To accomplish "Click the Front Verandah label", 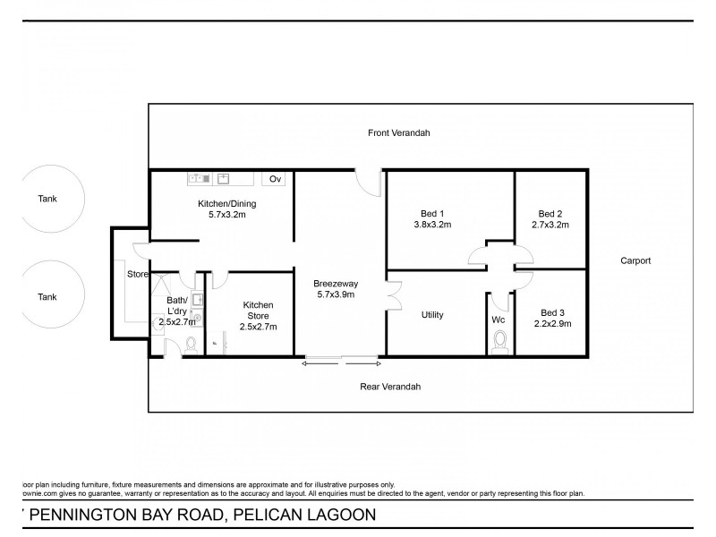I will click(x=399, y=132).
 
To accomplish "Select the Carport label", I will click(x=635, y=260).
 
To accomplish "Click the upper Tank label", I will click(x=47, y=199).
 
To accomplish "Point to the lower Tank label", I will click(x=47, y=296).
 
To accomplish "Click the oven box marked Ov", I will click(x=276, y=179).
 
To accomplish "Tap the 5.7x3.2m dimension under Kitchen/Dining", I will click(x=221, y=215).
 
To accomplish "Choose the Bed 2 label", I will click(x=550, y=213).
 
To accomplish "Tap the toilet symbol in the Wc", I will click(x=500, y=342).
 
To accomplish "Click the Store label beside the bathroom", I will click(x=137, y=274).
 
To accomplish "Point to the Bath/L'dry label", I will click(x=175, y=305).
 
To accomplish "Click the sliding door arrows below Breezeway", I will click(x=343, y=362).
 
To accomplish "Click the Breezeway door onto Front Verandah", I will click(x=367, y=179).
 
